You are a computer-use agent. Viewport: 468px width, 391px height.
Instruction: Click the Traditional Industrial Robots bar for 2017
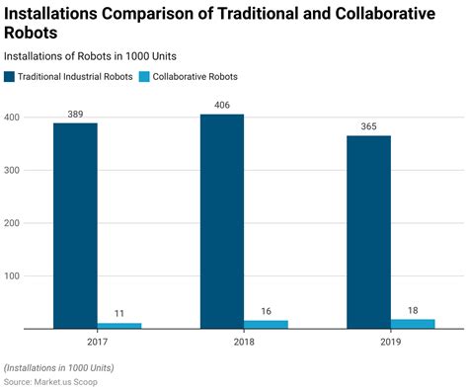(75, 225)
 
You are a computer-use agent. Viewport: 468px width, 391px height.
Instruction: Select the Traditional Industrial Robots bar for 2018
(222, 221)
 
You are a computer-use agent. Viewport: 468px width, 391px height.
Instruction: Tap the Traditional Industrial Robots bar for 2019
(368, 232)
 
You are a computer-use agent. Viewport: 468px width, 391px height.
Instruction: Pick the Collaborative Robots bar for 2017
(119, 325)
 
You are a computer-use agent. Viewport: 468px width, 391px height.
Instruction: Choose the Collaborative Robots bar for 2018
(266, 324)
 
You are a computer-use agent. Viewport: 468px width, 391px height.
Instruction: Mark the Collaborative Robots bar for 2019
(413, 323)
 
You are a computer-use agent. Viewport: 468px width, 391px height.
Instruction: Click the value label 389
(75, 115)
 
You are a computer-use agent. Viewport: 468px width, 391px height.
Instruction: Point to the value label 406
(222, 106)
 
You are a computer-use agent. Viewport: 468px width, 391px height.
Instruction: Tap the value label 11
(119, 314)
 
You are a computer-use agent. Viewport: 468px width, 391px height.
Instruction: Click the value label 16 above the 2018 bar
(266, 311)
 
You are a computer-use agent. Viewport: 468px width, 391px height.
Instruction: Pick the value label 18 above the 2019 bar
(413, 310)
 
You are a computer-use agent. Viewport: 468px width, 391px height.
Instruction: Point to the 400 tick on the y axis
(13, 117)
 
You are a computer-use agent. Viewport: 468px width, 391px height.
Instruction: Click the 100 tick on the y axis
(13, 275)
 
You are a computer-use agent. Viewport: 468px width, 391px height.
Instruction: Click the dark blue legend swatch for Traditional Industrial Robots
(10, 76)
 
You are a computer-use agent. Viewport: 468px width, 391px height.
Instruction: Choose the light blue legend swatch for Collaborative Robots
(145, 76)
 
